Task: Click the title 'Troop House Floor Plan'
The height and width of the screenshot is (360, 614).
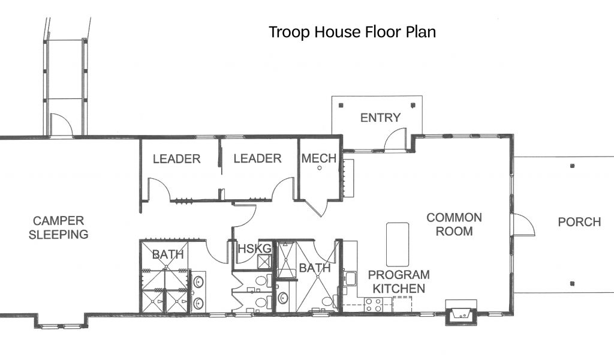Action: coord(352,32)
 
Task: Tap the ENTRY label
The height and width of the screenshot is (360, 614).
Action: coord(380,118)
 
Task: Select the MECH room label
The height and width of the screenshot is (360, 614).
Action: coord(319,158)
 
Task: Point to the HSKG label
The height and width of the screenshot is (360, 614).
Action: coord(254,248)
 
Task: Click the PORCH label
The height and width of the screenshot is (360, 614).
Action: coord(579,222)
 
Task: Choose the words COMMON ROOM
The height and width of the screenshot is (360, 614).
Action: coord(454,224)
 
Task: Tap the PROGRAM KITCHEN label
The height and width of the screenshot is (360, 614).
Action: coord(399,281)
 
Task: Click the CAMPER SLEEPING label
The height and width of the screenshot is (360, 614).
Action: coord(58,227)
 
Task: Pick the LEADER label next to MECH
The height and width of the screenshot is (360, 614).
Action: coord(257,158)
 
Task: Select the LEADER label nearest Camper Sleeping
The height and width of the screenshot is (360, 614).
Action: coord(177,158)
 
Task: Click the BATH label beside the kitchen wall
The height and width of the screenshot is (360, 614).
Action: coord(314,268)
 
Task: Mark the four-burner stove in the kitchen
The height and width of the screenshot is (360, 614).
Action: coord(373,304)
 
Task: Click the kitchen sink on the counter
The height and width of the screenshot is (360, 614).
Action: coord(350,278)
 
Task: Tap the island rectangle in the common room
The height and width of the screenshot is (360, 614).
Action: coord(398,244)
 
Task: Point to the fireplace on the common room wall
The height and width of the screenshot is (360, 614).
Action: coord(461,313)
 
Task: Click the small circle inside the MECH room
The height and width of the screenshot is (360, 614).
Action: coord(320,168)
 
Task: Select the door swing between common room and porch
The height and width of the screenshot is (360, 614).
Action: coord(523,225)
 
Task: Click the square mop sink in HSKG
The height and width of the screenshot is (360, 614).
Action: coord(264,261)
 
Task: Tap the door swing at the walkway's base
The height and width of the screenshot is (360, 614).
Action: coord(61,125)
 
